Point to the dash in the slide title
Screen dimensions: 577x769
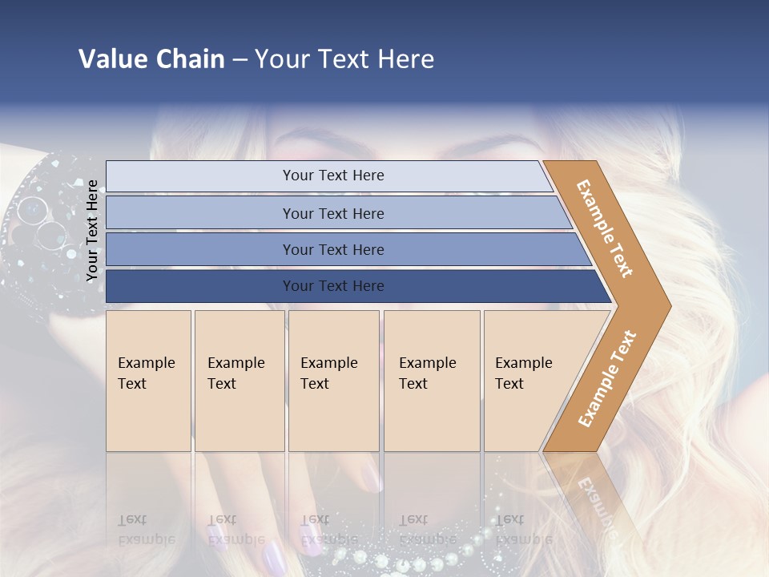coord(240,60)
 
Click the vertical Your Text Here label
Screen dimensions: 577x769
coord(92,231)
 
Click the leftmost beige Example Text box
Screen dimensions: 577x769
coord(148,381)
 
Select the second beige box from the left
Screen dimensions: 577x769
coord(239,381)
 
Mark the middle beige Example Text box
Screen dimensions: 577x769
coord(333,381)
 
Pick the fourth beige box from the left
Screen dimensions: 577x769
coord(431,381)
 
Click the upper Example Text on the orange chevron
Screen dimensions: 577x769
coord(605,228)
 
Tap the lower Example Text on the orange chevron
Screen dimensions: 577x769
coord(606,378)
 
